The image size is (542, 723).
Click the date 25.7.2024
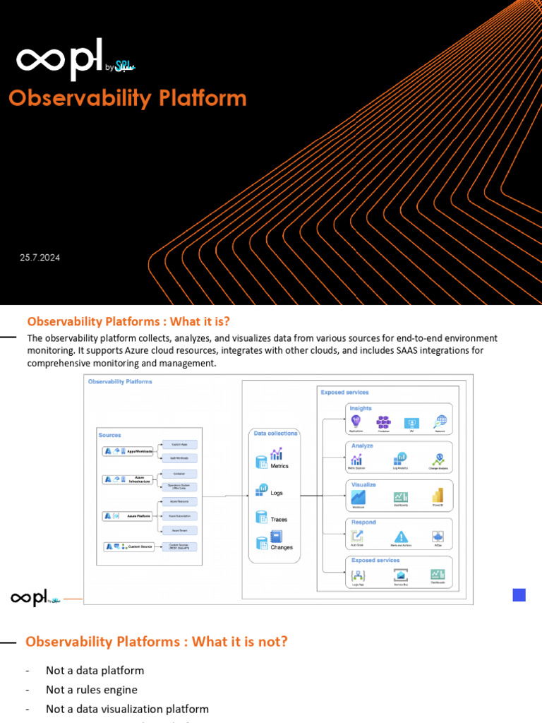click(40, 258)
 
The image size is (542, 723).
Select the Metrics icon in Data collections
click(276, 454)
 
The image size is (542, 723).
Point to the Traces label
click(279, 520)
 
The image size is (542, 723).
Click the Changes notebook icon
click(276, 537)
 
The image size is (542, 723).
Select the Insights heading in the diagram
click(361, 408)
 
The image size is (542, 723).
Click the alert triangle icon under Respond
click(401, 537)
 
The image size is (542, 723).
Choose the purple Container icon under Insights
click(383, 422)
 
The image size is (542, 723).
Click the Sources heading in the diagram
click(110, 435)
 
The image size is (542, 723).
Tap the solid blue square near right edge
click(519, 595)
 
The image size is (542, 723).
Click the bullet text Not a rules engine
click(92, 690)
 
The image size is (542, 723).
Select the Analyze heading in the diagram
click(362, 446)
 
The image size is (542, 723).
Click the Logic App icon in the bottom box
click(357, 575)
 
